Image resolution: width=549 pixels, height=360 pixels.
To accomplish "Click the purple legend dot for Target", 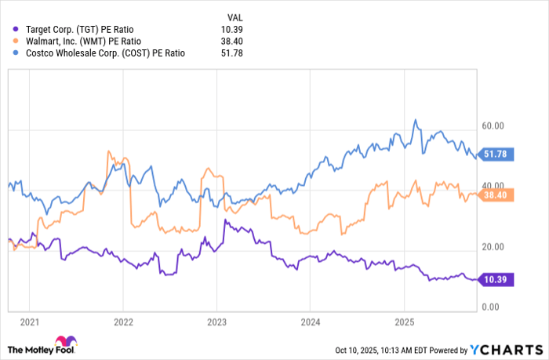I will click(x=16, y=28).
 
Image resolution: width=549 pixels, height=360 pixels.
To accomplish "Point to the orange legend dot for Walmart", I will click(x=16, y=41).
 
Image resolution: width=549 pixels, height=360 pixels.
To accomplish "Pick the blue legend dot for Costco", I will click(x=16, y=53).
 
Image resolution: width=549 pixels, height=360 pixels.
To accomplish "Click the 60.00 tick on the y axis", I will click(x=493, y=125).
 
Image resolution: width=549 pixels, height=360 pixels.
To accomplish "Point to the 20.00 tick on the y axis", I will click(x=493, y=246).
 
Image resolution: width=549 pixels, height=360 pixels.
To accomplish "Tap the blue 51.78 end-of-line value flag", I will click(x=494, y=155).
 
